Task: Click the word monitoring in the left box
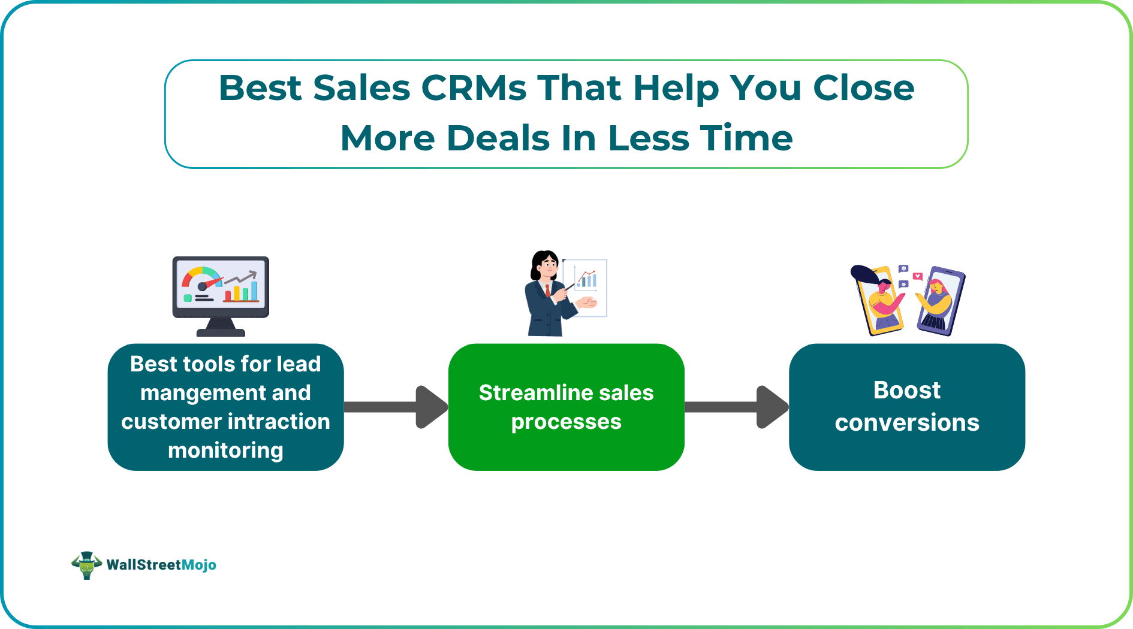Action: click(x=225, y=450)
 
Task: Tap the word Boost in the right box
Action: click(x=906, y=391)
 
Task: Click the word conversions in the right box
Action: click(x=906, y=423)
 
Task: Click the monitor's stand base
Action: click(x=221, y=331)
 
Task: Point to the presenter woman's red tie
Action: click(x=547, y=291)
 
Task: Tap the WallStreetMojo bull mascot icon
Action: click(x=87, y=565)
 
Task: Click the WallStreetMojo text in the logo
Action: click(x=161, y=565)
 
